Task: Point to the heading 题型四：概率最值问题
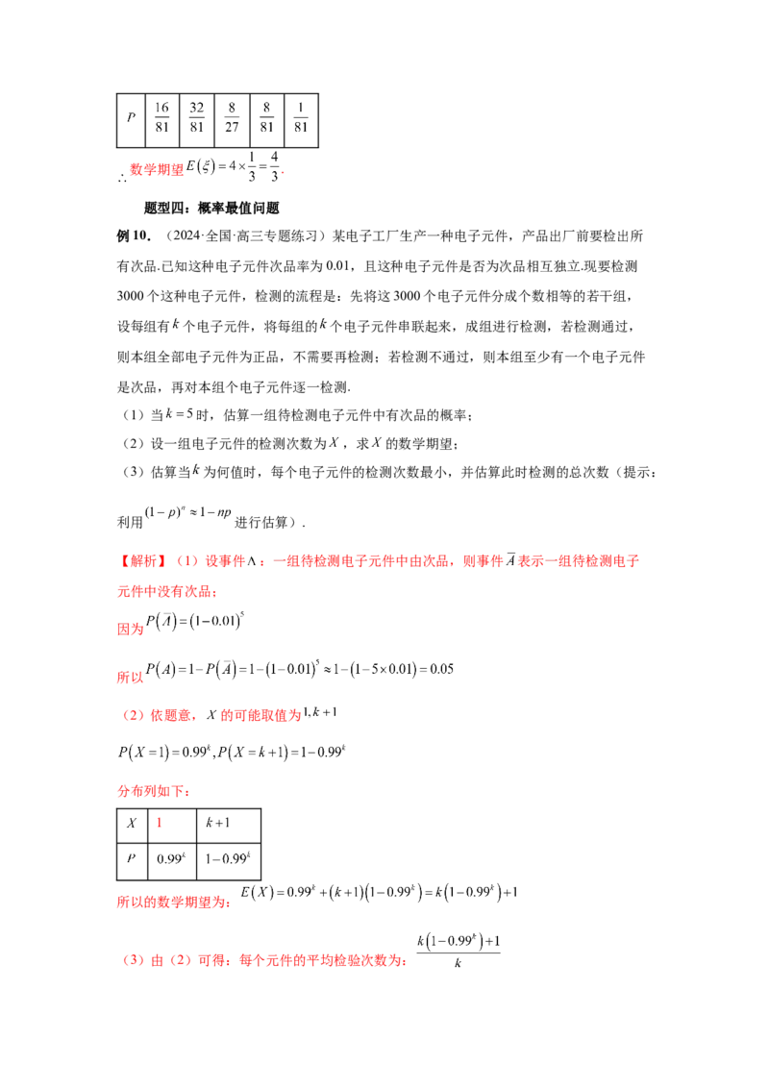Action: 211,209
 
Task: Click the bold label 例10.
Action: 134,235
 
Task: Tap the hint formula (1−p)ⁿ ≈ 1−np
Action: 188,513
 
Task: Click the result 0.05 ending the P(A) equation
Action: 442,670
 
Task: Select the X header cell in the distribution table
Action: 132,824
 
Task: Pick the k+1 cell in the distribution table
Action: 218,823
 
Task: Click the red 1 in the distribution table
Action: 159,823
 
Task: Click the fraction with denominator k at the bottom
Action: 459,952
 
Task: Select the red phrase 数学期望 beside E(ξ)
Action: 157,170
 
